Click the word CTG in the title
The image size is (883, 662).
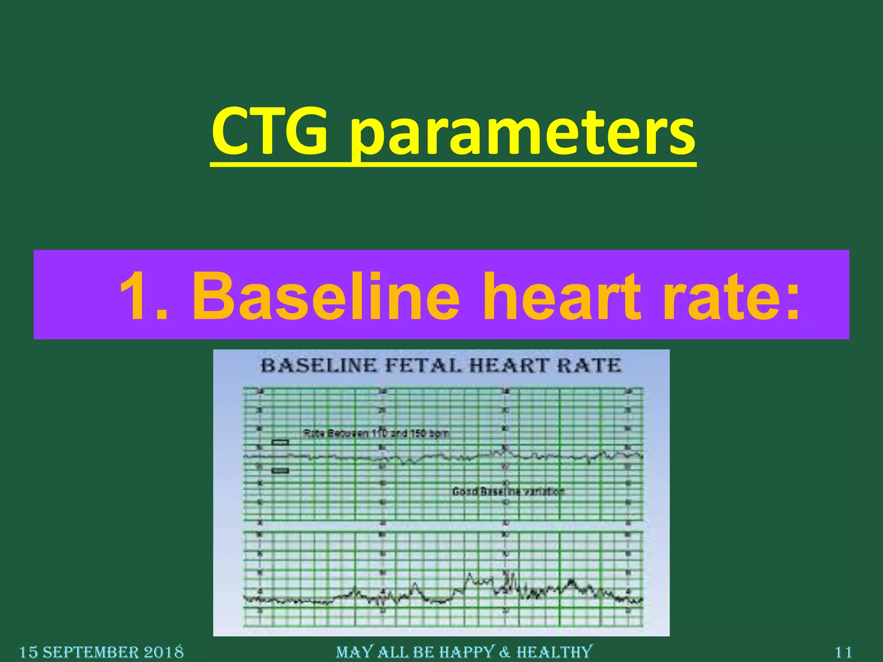269,131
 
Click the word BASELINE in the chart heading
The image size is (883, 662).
319,365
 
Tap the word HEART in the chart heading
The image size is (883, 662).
509,365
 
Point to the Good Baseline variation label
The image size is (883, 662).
508,491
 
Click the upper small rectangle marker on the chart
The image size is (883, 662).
280,442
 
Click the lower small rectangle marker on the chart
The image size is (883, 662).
280,470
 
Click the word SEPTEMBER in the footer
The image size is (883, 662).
91,652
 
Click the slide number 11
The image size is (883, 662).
844,652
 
